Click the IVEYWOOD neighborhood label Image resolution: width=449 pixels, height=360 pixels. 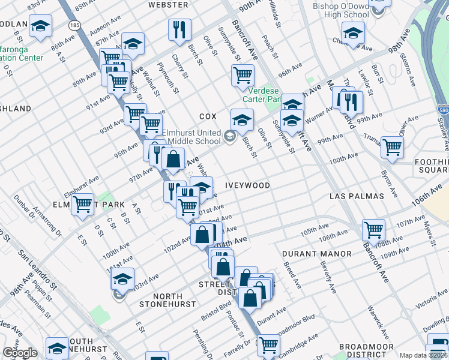(247, 185)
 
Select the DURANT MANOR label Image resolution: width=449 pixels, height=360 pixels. (317, 254)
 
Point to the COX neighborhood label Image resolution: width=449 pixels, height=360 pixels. (208, 116)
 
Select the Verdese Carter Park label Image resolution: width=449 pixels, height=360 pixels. (261, 94)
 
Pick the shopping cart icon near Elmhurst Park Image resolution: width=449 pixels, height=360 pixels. (82, 205)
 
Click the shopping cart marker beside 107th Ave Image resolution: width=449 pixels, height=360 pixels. (373, 229)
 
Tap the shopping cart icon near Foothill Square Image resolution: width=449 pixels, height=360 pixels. (392, 146)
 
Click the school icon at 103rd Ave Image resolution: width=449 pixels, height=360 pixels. (122, 280)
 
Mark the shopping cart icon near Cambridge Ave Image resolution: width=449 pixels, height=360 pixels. (268, 345)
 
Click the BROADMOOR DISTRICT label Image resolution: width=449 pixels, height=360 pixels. (366, 351)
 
